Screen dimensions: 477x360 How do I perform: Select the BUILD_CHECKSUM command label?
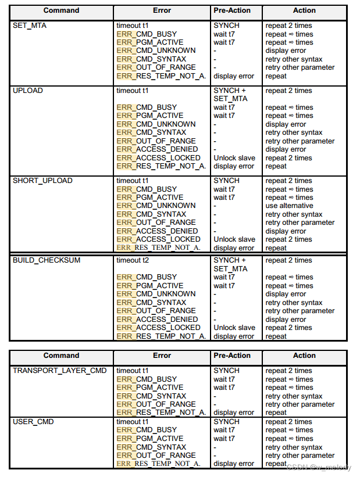click(47, 260)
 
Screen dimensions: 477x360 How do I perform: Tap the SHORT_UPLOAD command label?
click(42, 181)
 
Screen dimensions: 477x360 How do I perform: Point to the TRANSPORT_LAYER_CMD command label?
click(60, 371)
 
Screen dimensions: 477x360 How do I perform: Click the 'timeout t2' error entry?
click(133, 260)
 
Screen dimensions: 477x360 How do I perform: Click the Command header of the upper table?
click(61, 10)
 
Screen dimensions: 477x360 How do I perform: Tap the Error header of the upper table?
click(162, 10)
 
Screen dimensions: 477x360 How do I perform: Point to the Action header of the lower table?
click(304, 356)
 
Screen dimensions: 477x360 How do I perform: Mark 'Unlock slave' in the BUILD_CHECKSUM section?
click(234, 328)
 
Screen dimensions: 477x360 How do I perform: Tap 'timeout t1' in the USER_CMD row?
click(133, 422)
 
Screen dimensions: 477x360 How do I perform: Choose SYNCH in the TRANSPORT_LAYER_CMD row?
click(226, 371)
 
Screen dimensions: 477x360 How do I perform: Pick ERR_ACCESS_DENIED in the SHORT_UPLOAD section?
click(157, 231)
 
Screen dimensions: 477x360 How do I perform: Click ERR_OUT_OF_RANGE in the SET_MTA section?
click(156, 67)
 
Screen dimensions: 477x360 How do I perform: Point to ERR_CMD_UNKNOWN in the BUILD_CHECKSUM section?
click(156, 294)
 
